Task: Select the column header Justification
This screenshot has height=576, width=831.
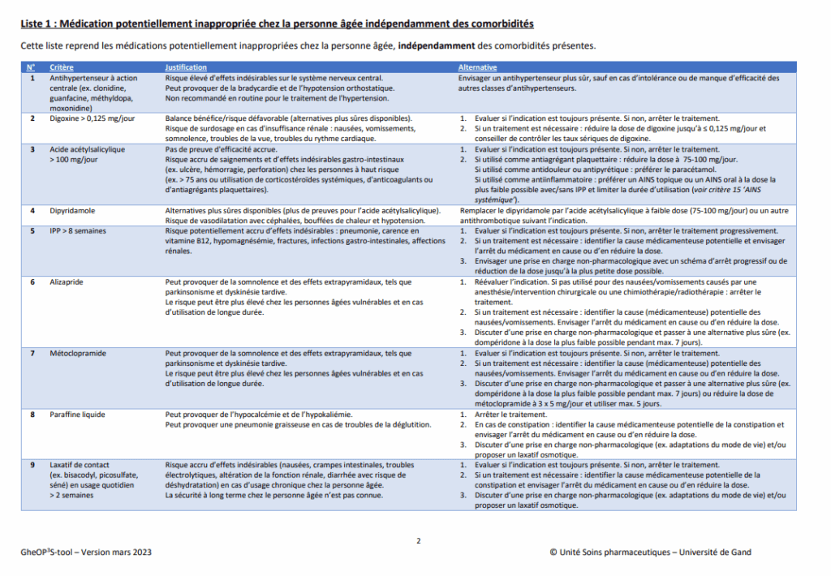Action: [186, 67]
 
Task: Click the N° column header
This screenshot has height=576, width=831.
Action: [31, 67]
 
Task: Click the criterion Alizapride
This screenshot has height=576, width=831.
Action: [67, 282]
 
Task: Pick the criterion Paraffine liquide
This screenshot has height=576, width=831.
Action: [77, 415]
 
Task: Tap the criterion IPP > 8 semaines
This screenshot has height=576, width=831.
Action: [78, 231]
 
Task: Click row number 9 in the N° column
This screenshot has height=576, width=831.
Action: [32, 465]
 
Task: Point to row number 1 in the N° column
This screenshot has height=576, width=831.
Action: [32, 78]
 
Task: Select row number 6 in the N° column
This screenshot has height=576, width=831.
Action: [32, 282]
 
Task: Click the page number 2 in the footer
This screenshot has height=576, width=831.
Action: [419, 540]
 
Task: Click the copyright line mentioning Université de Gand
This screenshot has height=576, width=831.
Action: [650, 552]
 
